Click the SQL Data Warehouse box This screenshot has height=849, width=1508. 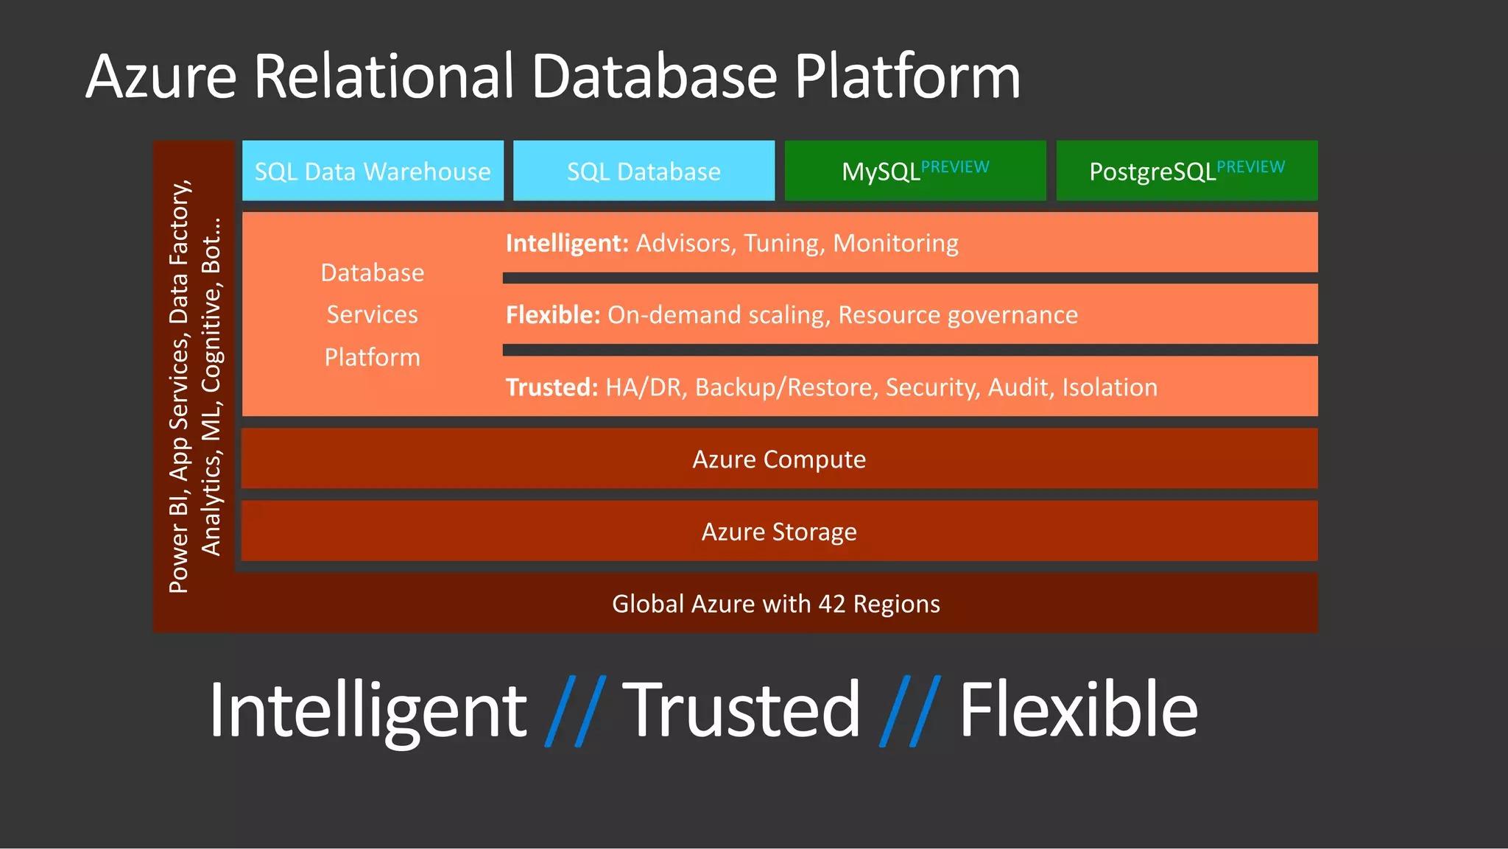click(373, 171)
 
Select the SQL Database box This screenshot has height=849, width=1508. click(644, 171)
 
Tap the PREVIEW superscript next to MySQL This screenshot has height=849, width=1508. click(955, 166)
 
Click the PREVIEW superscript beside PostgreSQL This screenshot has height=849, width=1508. click(1250, 166)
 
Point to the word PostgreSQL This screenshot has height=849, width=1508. click(1152, 172)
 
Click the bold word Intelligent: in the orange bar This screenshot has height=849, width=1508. click(566, 243)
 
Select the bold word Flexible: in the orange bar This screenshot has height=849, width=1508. click(553, 315)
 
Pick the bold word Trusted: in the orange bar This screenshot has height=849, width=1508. click(552, 387)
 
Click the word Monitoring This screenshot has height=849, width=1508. click(895, 243)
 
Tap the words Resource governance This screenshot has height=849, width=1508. click(958, 315)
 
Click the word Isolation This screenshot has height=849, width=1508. click(1109, 387)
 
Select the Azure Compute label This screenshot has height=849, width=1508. click(779, 459)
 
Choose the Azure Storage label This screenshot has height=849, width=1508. click(779, 532)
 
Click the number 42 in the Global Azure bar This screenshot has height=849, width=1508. click(831, 604)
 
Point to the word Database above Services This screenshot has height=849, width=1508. click(373, 273)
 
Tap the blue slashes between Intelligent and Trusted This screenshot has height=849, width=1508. click(575, 711)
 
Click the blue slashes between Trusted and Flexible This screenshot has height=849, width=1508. click(910, 711)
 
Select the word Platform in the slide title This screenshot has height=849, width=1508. click(907, 77)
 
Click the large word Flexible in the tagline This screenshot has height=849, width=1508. click(1078, 709)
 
